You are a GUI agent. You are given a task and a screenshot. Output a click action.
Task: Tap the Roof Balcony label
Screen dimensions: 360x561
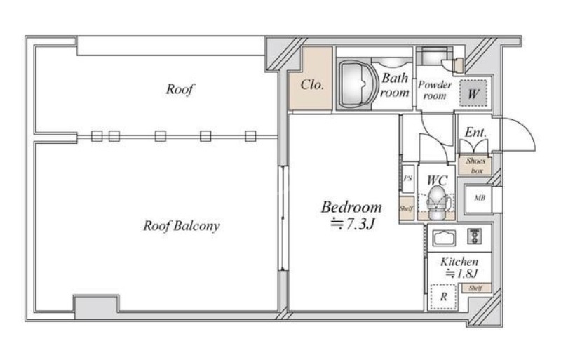tap(182, 226)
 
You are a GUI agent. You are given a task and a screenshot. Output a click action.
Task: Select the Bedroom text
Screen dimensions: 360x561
tap(351, 208)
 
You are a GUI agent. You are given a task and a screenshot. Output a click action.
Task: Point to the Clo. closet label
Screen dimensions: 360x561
tap(312, 86)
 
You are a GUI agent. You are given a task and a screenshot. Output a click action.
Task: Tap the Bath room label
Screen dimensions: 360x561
tap(394, 86)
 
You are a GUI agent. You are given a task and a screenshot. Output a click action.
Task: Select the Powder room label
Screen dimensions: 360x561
tap(435, 90)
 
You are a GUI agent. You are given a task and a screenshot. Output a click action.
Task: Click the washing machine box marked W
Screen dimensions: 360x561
tap(474, 92)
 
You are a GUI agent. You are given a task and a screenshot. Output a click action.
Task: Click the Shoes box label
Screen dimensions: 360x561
tap(475, 165)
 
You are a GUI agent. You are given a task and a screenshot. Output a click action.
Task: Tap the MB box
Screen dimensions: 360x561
tap(480, 198)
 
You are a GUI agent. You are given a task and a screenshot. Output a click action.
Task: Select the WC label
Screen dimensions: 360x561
tap(437, 179)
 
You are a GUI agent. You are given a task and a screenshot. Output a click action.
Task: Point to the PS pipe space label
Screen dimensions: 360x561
tap(407, 179)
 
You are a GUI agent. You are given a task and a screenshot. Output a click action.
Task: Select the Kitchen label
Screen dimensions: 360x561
tap(459, 262)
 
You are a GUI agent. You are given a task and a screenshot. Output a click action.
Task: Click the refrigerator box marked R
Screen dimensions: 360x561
tap(443, 296)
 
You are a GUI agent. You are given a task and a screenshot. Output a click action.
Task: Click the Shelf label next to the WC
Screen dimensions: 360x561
tap(406, 208)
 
